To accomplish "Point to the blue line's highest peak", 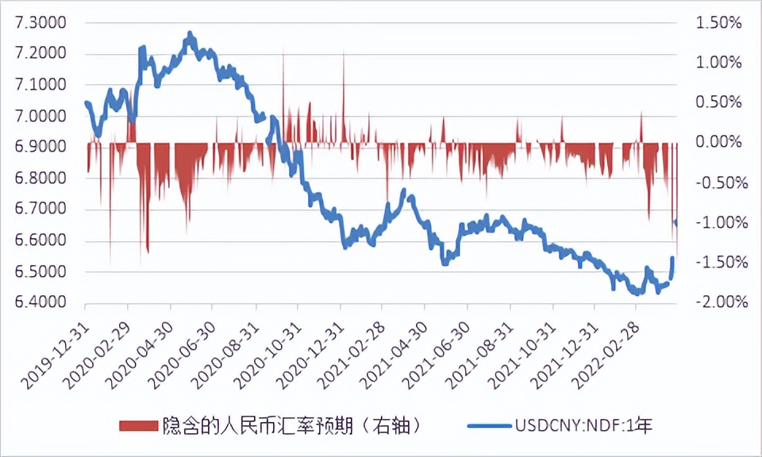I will point(190,34).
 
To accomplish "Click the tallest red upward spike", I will point(344,54).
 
